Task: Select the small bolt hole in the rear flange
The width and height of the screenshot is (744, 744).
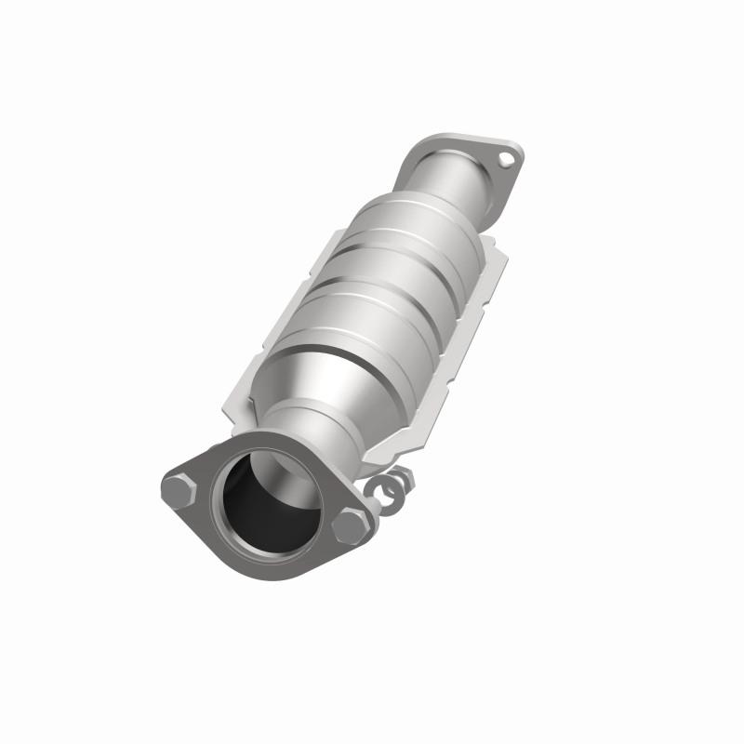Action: click(x=506, y=160)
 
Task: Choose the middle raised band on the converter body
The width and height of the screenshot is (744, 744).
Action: click(x=381, y=279)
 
